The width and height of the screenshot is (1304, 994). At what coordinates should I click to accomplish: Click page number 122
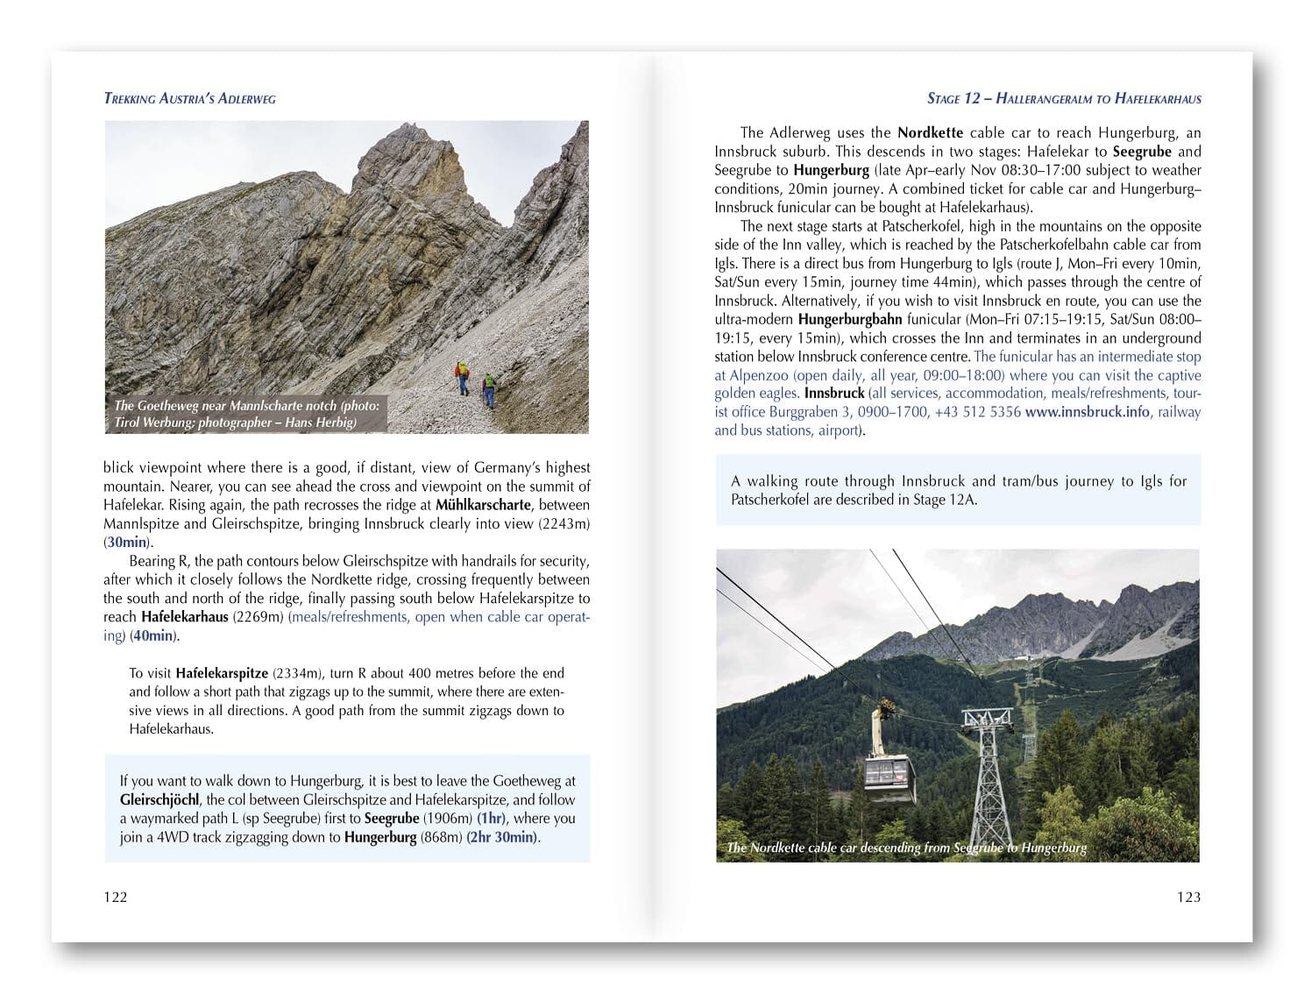(116, 897)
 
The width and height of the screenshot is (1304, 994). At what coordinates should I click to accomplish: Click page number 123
(1188, 897)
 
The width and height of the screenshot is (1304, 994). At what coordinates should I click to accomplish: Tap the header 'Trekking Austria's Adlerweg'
(190, 98)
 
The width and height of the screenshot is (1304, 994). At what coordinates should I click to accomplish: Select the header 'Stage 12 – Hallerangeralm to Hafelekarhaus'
(1064, 98)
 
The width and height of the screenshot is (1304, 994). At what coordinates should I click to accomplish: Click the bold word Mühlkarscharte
(483, 505)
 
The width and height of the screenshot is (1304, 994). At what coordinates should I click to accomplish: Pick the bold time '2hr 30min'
(502, 837)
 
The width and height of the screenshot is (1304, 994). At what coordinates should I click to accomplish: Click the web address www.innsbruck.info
(1087, 412)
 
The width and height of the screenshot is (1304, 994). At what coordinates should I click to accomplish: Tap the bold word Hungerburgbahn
(849, 319)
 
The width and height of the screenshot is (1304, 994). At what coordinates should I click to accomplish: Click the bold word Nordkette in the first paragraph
(929, 133)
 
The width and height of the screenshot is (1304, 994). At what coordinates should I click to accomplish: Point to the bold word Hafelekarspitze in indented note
(222, 673)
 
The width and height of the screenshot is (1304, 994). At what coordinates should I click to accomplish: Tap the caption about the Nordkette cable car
(906, 848)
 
